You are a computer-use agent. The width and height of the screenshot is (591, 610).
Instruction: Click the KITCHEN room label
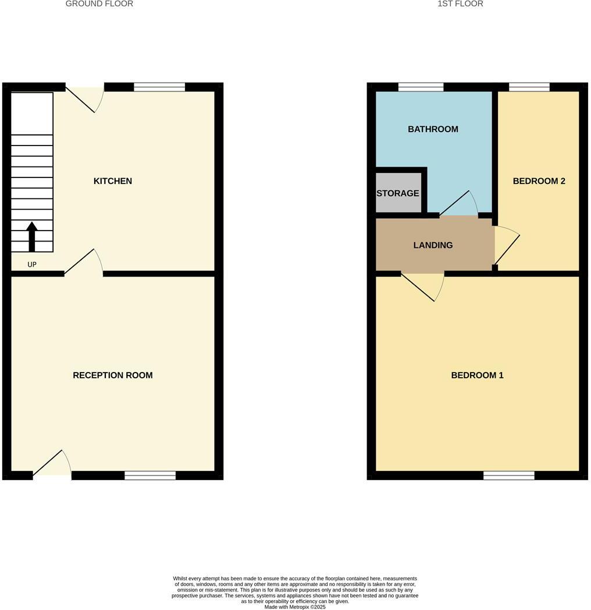[113, 181]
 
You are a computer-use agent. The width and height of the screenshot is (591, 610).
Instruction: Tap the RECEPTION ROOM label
[113, 375]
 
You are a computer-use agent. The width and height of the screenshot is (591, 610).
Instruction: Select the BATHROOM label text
[433, 129]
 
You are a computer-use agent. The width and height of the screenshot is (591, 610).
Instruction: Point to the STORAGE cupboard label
[398, 193]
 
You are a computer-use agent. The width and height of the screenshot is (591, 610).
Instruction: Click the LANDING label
[433, 245]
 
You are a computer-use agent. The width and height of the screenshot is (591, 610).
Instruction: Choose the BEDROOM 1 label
[477, 375]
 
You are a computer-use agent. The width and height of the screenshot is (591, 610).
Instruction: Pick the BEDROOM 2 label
[539, 181]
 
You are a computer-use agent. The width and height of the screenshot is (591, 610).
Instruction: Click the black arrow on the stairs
[32, 236]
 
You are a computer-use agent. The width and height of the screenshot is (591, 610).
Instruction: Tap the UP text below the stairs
[32, 265]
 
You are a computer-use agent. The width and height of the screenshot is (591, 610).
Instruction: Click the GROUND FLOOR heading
[99, 4]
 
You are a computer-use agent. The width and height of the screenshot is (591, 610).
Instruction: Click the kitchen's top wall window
[159, 87]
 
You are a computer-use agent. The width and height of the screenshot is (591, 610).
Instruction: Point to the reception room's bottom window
[150, 476]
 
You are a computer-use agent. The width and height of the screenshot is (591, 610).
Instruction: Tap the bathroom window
[421, 87]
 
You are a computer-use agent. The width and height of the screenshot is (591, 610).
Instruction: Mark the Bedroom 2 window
[529, 87]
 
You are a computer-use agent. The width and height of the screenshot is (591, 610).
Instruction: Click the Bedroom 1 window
[508, 476]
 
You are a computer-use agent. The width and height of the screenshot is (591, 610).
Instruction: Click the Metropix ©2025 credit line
[295, 607]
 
